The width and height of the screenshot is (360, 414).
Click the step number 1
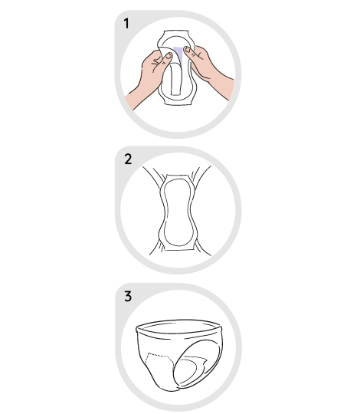pyautogui.click(x=126, y=24)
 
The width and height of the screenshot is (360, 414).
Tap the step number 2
pyautogui.click(x=128, y=159)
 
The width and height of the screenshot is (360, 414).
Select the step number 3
pyautogui.click(x=128, y=296)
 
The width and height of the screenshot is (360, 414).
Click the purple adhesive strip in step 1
pyautogui.click(x=178, y=54)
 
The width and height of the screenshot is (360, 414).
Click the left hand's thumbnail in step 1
pyautogui.click(x=169, y=56)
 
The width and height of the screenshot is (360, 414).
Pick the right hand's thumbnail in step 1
pyautogui.click(x=187, y=49)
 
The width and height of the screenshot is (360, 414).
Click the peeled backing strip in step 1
pyautogui.click(x=175, y=78)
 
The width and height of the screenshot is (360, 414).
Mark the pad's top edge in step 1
pyautogui.click(x=176, y=31)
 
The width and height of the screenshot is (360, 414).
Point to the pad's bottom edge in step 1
pyautogui.click(x=178, y=104)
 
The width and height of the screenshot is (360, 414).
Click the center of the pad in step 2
pyautogui.click(x=178, y=212)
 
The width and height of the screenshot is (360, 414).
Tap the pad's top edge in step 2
pyautogui.click(x=177, y=175)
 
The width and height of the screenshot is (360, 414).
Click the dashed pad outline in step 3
pyautogui.click(x=160, y=356)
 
